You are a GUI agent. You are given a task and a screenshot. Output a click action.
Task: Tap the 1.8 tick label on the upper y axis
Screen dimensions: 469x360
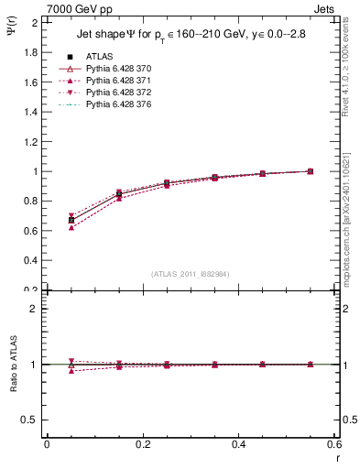(x=30, y=52)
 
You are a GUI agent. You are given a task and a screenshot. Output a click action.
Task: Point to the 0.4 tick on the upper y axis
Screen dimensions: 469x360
(x=30, y=261)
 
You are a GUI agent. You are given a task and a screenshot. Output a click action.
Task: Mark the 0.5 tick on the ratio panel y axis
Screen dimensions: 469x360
(x=30, y=420)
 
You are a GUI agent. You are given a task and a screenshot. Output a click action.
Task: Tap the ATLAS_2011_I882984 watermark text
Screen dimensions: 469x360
(x=189, y=273)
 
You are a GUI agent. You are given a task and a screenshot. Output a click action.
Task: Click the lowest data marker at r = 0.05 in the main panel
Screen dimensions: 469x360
(x=71, y=227)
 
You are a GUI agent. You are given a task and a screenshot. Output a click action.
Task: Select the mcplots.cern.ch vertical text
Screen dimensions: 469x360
(x=351, y=215)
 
